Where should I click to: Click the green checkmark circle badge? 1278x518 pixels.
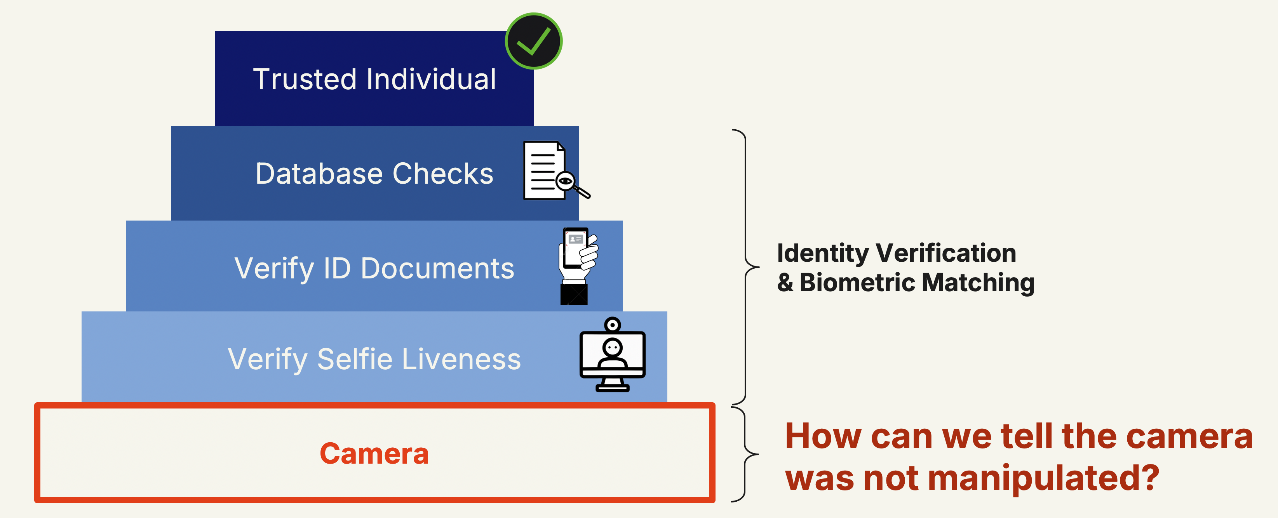point(533,41)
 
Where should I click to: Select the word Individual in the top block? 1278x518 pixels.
point(431,79)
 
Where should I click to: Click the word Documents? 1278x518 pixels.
point(437,268)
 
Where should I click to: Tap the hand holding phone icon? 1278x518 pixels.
point(577,266)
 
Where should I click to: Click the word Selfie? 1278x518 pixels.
point(355,359)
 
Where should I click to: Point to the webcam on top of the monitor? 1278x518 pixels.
point(613,325)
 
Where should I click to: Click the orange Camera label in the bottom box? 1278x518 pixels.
point(374,454)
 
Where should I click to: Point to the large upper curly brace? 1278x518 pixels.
point(746,267)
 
